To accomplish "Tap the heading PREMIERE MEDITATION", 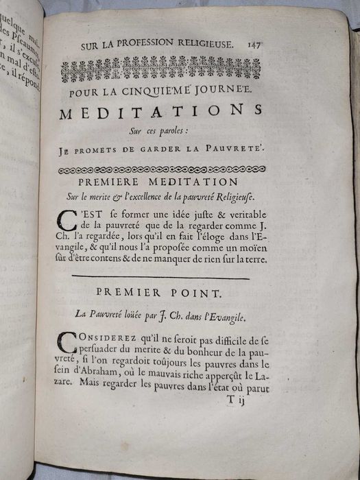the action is click(x=158, y=183).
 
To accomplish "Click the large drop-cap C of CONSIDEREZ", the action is click(x=69, y=343).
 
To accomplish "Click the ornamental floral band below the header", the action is click(x=160, y=69).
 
